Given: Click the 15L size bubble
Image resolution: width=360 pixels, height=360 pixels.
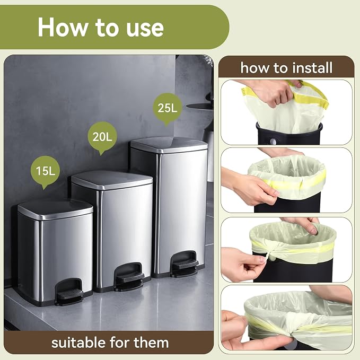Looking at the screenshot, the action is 45,171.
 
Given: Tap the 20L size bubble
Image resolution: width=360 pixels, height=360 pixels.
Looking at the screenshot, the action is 102,137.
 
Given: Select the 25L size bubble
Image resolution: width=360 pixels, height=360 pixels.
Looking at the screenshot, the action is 168,108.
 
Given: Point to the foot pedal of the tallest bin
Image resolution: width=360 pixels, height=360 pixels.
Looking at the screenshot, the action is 185,264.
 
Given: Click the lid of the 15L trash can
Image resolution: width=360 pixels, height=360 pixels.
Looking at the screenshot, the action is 55,209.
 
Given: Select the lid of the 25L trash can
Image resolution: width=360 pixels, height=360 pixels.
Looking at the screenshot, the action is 169,145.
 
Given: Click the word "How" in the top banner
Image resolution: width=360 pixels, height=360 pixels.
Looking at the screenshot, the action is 62,27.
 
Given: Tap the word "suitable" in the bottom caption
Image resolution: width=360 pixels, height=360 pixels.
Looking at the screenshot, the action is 78,343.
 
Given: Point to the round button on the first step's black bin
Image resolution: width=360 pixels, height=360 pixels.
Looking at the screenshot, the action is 273,141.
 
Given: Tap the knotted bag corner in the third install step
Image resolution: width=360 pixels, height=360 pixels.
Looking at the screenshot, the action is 271,254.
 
